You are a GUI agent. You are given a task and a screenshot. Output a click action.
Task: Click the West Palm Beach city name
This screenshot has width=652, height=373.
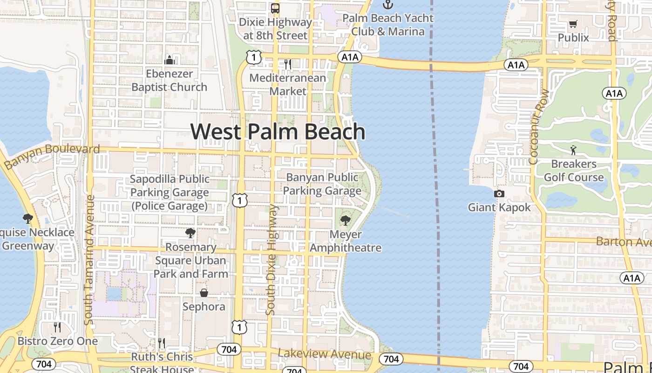pos(278,131)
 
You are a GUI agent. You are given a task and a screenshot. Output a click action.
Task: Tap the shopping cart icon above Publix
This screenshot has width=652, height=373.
pos(573,24)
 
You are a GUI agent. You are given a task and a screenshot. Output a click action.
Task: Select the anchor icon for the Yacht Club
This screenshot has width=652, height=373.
pos(387,5)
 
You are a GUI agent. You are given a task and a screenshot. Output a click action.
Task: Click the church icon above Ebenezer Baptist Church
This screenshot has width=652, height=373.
pos(169,60)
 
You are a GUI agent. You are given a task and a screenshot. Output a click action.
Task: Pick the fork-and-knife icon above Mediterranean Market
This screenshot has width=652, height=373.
pos(288,64)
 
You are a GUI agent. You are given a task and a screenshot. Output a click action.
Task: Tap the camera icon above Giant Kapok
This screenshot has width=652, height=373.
pos(499,193)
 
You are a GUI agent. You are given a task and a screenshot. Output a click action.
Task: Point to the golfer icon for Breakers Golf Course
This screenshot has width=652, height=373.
pos(573,150)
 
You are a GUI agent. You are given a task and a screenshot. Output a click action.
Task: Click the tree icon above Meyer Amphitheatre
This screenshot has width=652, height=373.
pos(345,220)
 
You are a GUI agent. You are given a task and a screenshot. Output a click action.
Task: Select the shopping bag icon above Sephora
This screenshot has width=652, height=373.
pos(204,293)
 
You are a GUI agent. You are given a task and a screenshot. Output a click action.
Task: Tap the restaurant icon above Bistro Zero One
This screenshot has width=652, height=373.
pos(57,327)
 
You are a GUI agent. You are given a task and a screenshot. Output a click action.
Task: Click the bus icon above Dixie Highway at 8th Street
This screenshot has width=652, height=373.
pos(275,8)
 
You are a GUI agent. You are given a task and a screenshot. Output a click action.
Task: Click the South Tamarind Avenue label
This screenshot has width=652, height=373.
pos(89,260)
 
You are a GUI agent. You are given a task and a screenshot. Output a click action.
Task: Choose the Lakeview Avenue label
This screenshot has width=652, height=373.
pos(325,354)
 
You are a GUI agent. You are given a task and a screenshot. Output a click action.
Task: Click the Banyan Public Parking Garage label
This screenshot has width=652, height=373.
pos(322,184)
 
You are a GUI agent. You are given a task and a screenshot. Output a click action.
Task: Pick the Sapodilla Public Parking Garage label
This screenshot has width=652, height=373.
pos(170,193)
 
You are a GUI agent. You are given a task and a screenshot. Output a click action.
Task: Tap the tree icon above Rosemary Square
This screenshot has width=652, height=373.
pos(190,233)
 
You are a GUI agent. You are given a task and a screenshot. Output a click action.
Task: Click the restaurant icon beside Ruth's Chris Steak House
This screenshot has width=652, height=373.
pos(162,344)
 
